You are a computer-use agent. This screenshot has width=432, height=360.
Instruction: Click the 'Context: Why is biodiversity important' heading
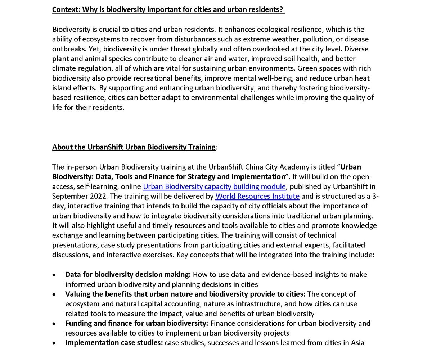pos(168,10)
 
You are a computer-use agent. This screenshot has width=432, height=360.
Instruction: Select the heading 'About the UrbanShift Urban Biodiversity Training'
pos(134,147)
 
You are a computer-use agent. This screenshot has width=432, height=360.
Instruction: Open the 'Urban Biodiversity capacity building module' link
pos(214,186)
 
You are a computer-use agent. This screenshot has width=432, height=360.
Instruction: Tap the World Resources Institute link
pos(257,196)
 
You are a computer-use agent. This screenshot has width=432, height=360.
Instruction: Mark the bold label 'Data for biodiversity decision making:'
pos(128,274)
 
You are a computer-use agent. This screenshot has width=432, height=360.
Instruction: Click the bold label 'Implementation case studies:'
pos(114,343)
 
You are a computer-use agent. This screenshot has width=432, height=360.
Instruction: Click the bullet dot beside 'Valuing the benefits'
pos(54,294)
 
